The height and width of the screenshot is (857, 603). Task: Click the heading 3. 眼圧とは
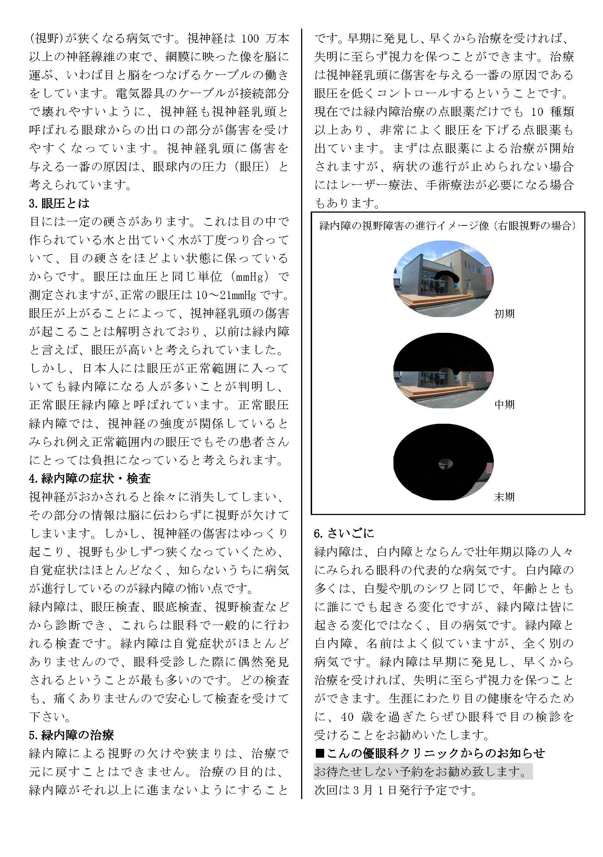[x=59, y=203]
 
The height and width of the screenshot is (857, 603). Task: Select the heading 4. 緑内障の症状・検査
[x=89, y=478]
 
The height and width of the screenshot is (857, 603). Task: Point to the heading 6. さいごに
[x=344, y=533]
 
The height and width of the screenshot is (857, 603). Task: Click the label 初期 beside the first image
[x=504, y=314]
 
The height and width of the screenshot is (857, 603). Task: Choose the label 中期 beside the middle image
[x=504, y=405]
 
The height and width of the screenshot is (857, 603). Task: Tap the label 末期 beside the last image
[x=504, y=497]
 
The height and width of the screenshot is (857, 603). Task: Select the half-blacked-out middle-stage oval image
[x=443, y=371]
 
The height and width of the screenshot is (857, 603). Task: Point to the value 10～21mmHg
[x=226, y=295]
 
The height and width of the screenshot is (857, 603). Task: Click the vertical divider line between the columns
[x=301, y=411]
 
